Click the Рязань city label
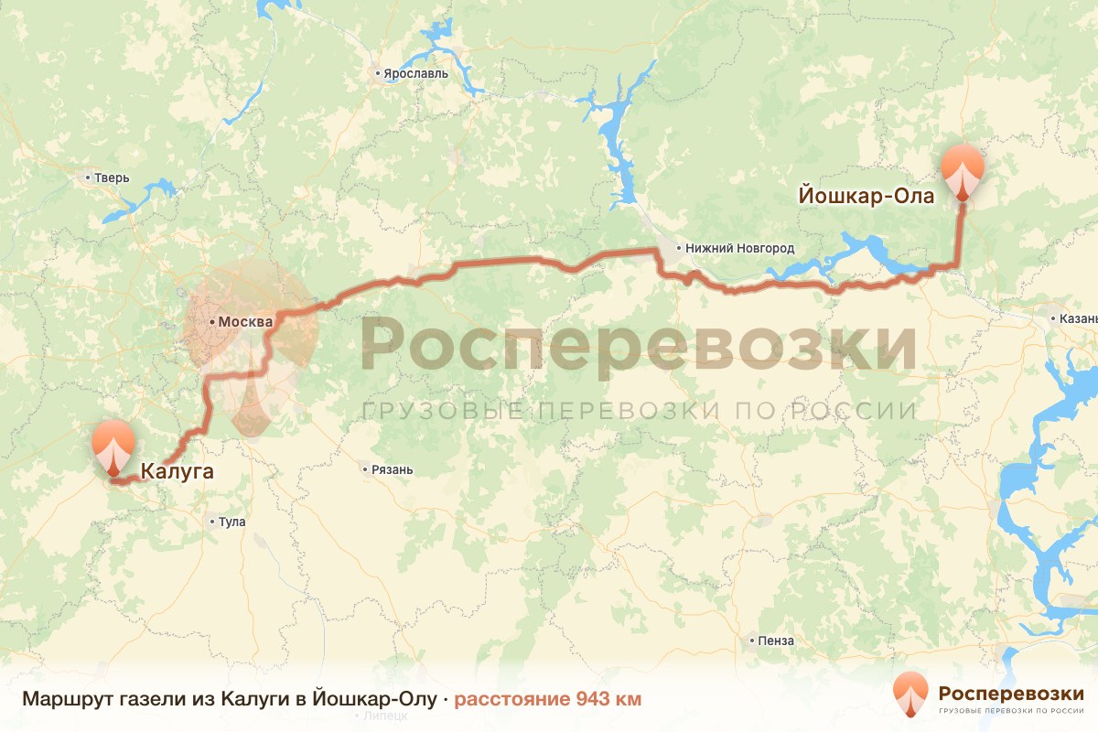pos(393,469)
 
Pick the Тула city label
pos(232,522)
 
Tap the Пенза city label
pos(776,640)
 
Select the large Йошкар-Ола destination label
pos(866,196)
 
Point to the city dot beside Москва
pos(211,322)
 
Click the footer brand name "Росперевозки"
pos(1011,693)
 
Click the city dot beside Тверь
pos(88,178)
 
